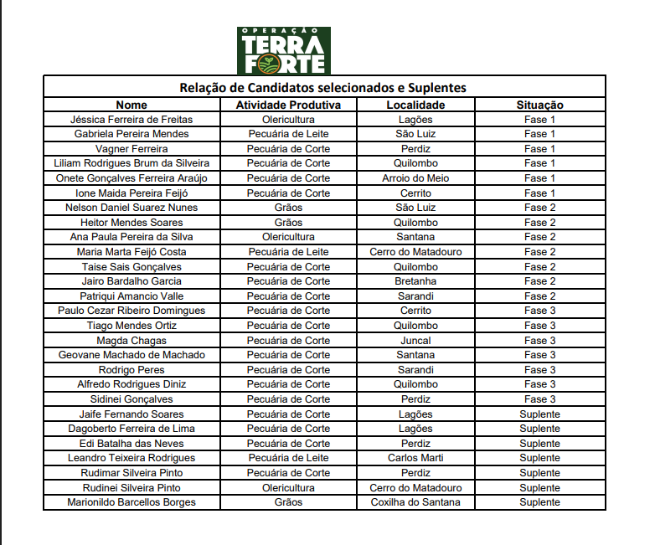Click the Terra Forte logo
coord(283,50)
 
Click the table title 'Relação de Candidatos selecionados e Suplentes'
coord(323,87)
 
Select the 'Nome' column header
coord(132,105)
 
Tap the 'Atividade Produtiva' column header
coord(288,105)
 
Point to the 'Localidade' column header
coord(415,105)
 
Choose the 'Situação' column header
coord(539,105)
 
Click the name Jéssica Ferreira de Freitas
coord(132,120)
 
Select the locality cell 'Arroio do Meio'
coord(415,178)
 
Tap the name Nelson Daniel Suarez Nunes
coord(132,208)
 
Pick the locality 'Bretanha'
coord(415,281)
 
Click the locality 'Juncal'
coord(415,341)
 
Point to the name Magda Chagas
coord(132,341)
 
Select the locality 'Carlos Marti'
coord(415,458)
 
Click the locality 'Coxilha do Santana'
coord(415,502)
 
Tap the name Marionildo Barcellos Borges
coord(132,502)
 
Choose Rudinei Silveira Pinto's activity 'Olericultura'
coord(288,487)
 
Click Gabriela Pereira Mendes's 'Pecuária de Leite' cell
coord(288,134)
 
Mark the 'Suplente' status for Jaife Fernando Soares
coord(539,414)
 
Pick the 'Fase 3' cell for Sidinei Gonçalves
coord(539,399)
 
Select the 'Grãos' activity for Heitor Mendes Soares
coord(288,223)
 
